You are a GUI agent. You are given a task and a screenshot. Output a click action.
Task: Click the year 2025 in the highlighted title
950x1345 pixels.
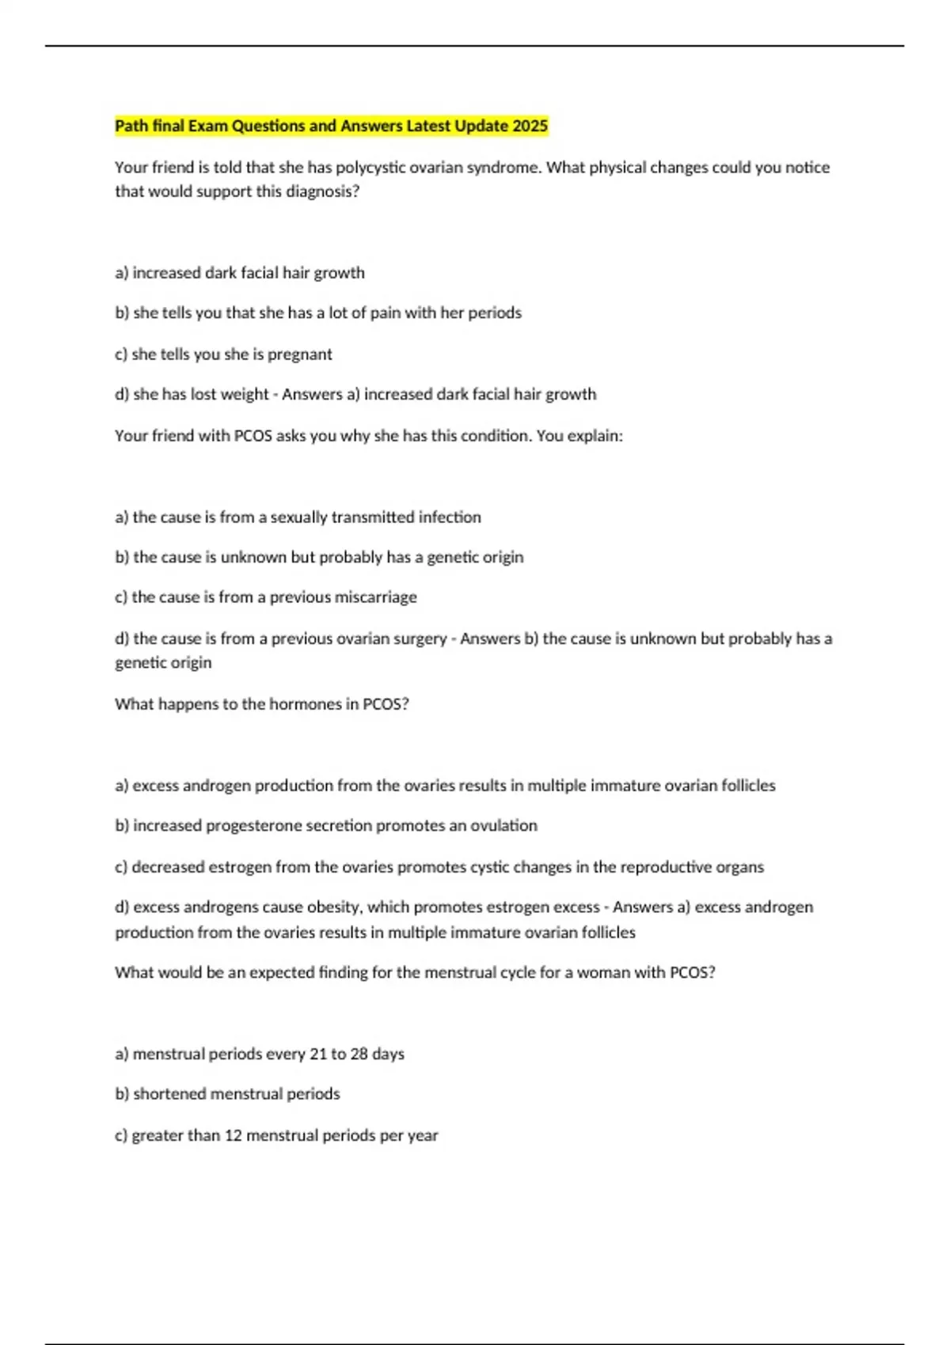530,126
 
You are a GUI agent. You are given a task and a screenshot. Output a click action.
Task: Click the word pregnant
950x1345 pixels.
300,354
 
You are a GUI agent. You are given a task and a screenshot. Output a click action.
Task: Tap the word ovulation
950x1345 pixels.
503,826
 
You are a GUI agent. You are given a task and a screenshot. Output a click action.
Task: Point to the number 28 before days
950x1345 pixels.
359,1054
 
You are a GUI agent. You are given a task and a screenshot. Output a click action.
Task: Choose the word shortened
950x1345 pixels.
169,1094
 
